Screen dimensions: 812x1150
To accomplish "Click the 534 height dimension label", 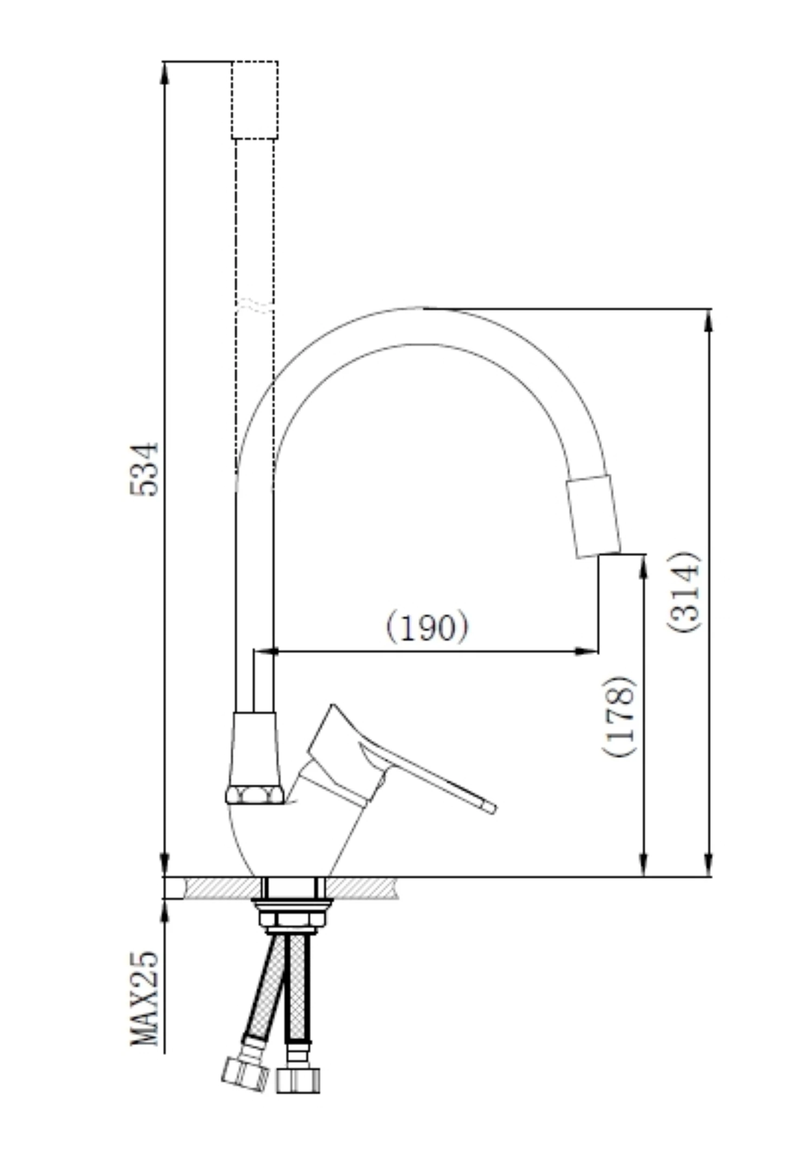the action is pos(145,469).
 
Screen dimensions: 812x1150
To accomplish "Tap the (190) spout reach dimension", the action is pos(427,627).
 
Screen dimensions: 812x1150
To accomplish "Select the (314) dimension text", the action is pos(684,592).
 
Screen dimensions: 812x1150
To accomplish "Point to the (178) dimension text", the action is pos(618,717).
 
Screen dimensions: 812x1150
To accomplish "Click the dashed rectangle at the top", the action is pos(254,100).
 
